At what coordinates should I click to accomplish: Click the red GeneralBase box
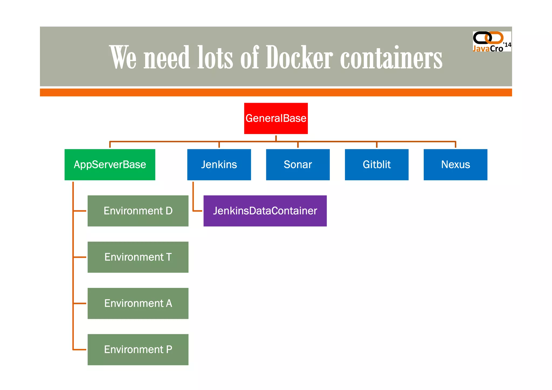pos(276,118)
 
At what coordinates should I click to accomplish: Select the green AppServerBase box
pos(110,164)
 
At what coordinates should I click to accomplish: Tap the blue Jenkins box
pos(219,164)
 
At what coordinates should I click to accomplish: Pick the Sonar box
pos(298,164)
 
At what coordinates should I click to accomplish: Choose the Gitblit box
pos(377,164)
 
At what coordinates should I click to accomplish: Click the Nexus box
pos(455,164)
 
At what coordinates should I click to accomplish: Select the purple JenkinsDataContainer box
pos(265,211)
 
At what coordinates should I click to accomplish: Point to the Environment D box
pos(138,211)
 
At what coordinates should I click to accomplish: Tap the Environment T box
pos(138,257)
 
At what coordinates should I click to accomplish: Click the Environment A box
pos(138,303)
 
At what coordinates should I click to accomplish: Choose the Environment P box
pos(138,350)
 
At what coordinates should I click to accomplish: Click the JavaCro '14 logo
pos(492,42)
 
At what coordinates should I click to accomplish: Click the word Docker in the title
pos(299,57)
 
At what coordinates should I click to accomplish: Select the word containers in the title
pos(391,57)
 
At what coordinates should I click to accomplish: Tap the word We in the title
pos(123,57)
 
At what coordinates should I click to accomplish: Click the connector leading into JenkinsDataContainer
pos(198,211)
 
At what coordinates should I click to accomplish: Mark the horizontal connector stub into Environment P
pos(80,350)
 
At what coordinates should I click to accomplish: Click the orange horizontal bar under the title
pos(276,92)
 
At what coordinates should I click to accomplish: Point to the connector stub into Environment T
pos(80,257)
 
